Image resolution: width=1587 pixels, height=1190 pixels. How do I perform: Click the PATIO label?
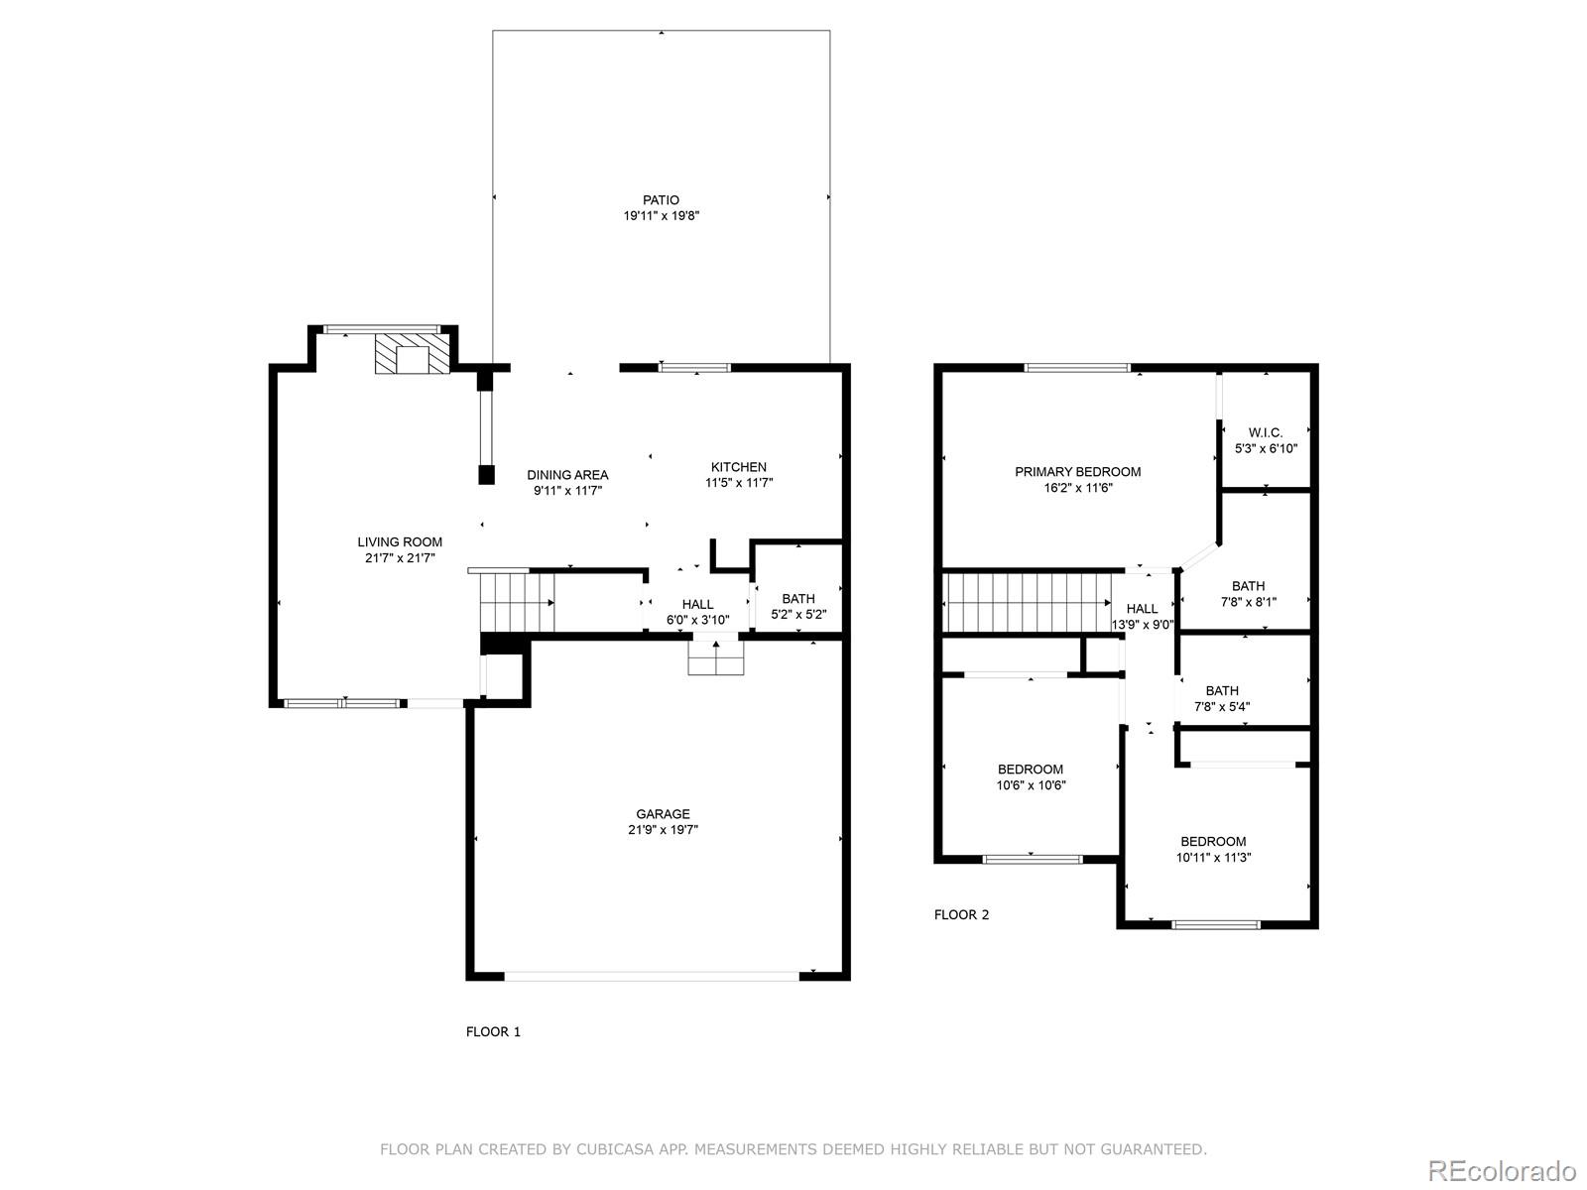(x=661, y=200)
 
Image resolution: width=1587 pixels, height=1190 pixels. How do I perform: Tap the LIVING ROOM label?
(x=400, y=541)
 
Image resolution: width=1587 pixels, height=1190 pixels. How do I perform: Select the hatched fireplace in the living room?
(x=412, y=353)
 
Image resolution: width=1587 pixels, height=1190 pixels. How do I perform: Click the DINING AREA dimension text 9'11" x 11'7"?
(x=567, y=491)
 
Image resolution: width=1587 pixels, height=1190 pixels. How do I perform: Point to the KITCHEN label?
(x=738, y=467)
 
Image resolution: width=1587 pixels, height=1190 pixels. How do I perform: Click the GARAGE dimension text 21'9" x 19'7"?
(x=663, y=829)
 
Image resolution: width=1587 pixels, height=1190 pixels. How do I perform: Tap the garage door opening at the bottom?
(x=652, y=976)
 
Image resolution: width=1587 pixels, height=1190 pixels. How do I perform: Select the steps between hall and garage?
(x=716, y=657)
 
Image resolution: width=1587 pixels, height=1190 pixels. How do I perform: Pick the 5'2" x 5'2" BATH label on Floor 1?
(x=798, y=599)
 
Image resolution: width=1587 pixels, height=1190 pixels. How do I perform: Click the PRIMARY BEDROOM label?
(x=1078, y=472)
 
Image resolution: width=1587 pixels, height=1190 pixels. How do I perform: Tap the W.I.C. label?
(x=1266, y=432)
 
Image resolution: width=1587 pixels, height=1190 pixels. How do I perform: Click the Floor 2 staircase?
(x=1028, y=603)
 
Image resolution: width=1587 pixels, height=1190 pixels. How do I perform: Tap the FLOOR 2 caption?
(x=961, y=914)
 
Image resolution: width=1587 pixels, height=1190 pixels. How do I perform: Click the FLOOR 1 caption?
(x=493, y=1031)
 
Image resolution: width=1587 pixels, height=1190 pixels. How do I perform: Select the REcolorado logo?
(x=1503, y=1170)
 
